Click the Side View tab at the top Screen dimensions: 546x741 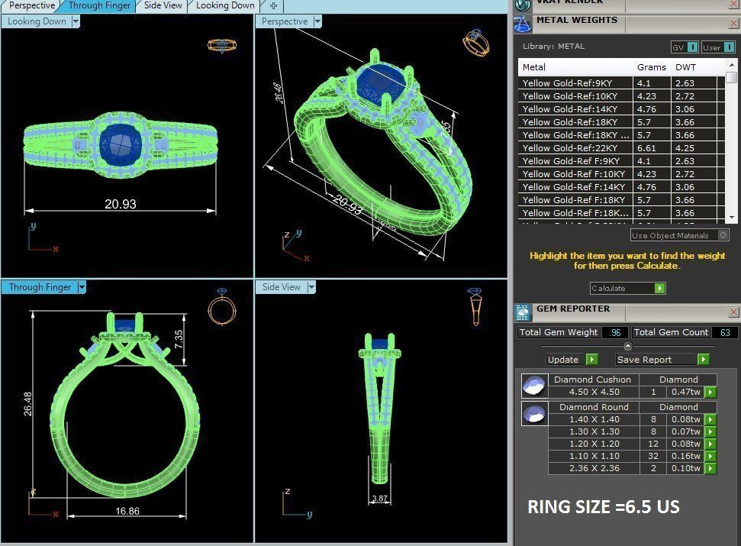(163, 5)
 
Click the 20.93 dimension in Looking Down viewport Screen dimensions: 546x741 (121, 203)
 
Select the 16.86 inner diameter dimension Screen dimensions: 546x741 (127, 511)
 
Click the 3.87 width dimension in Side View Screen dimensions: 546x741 (379, 499)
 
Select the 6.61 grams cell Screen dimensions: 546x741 (644, 148)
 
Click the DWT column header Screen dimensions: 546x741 (685, 67)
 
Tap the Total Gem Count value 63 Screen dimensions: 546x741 (724, 332)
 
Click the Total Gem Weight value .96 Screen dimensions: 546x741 (615, 332)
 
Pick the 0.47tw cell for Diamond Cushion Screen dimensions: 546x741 (685, 392)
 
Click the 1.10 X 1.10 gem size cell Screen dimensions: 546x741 (593, 456)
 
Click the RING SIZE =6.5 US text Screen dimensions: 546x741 (603, 507)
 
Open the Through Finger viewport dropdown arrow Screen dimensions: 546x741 (82, 287)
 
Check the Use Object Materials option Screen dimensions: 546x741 (723, 235)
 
